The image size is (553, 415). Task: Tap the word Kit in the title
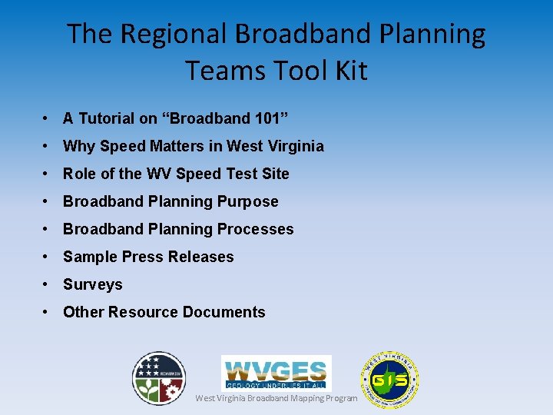(350, 71)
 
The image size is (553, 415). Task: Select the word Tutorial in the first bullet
(107, 118)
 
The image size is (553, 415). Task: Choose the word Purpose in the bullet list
(248, 201)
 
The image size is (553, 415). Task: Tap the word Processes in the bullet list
(255, 229)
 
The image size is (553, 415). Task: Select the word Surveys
(93, 284)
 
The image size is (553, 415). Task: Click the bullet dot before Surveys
(48, 284)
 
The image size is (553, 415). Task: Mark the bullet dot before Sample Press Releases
(48, 257)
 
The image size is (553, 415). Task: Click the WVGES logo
(276, 373)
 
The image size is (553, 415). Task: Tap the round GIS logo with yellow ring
(389, 380)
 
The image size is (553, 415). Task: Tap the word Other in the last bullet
(84, 312)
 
